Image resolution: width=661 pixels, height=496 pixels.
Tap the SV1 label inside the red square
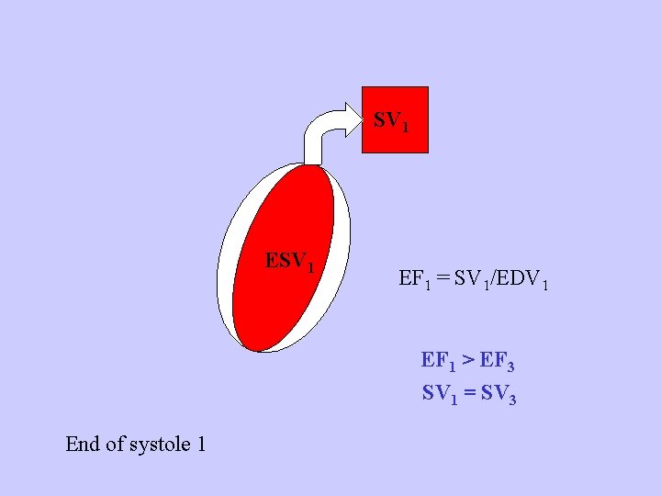(x=389, y=121)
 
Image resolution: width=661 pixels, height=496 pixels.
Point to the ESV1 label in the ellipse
(x=290, y=262)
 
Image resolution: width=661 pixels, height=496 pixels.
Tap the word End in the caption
(x=83, y=445)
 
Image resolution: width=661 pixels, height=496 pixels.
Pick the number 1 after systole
(x=200, y=445)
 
